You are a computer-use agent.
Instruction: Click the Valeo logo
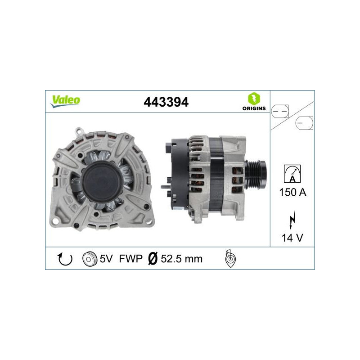(65, 101)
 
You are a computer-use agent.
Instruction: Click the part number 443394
(165, 102)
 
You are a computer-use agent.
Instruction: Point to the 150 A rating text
(292, 193)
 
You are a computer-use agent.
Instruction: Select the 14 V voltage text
(292, 238)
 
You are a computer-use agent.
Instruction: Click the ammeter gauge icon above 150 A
(292, 173)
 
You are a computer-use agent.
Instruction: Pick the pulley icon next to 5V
(90, 259)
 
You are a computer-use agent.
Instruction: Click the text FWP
(130, 259)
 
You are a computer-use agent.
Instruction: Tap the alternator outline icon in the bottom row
(229, 258)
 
